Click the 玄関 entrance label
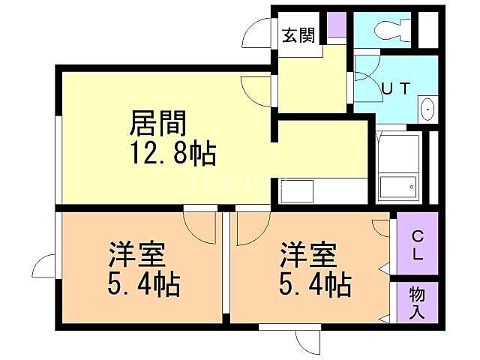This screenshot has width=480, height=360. point(297,35)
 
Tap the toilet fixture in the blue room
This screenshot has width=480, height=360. point(388,31)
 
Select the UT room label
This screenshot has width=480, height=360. point(395,88)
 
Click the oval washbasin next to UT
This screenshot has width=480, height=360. point(427,109)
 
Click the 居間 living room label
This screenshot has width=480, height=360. point(158,123)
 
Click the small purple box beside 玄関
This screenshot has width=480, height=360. point(337,26)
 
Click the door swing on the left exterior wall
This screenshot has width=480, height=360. point(43,266)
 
